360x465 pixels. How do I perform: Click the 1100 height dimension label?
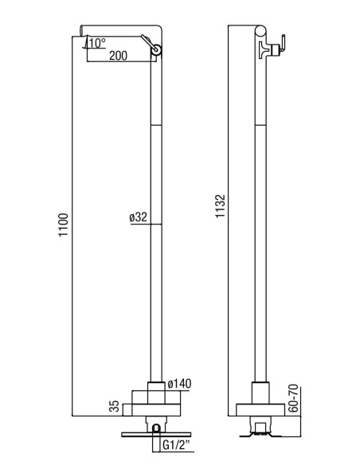coord(63,225)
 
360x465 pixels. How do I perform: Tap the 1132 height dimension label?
coord(221,206)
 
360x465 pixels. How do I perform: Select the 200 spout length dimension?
coord(118,56)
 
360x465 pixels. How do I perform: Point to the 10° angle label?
coord(97,43)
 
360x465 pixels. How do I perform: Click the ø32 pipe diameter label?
coord(139,217)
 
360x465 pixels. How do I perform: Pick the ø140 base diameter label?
coord(179,384)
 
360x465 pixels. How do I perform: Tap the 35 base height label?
coord(114,406)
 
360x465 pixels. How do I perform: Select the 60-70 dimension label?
coord(293,399)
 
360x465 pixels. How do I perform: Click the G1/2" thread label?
coord(177,445)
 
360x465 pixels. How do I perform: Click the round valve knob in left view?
coord(156,50)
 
